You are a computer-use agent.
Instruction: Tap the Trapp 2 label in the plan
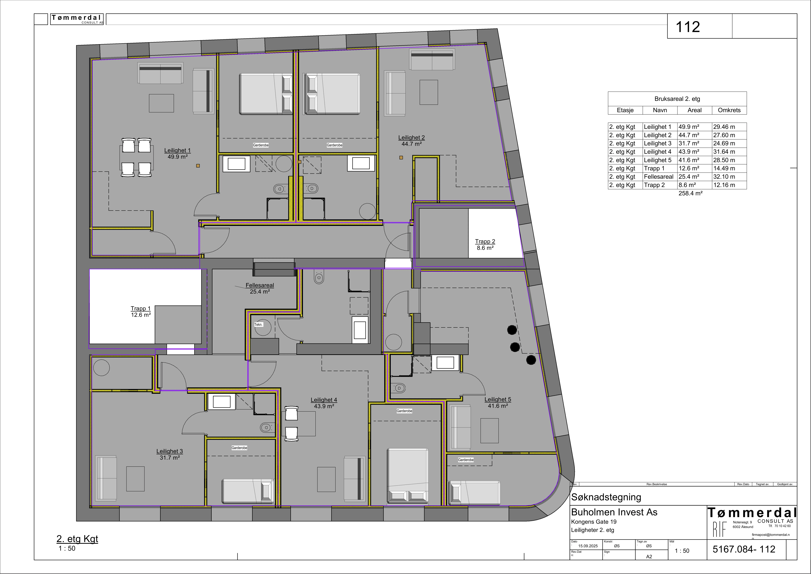[x=485, y=241]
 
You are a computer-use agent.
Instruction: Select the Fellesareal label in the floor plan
[x=260, y=285]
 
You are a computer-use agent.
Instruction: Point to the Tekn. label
[x=259, y=324]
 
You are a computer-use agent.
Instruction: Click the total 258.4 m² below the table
[x=690, y=193]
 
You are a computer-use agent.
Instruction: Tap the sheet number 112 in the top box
[x=687, y=27]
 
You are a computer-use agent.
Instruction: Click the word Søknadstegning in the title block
[x=606, y=497]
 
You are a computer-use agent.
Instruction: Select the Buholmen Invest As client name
[x=614, y=512]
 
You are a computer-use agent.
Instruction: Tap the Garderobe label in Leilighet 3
[x=239, y=448]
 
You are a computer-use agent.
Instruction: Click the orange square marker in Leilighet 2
[x=401, y=158]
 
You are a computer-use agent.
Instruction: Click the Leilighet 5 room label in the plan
[x=498, y=399]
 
